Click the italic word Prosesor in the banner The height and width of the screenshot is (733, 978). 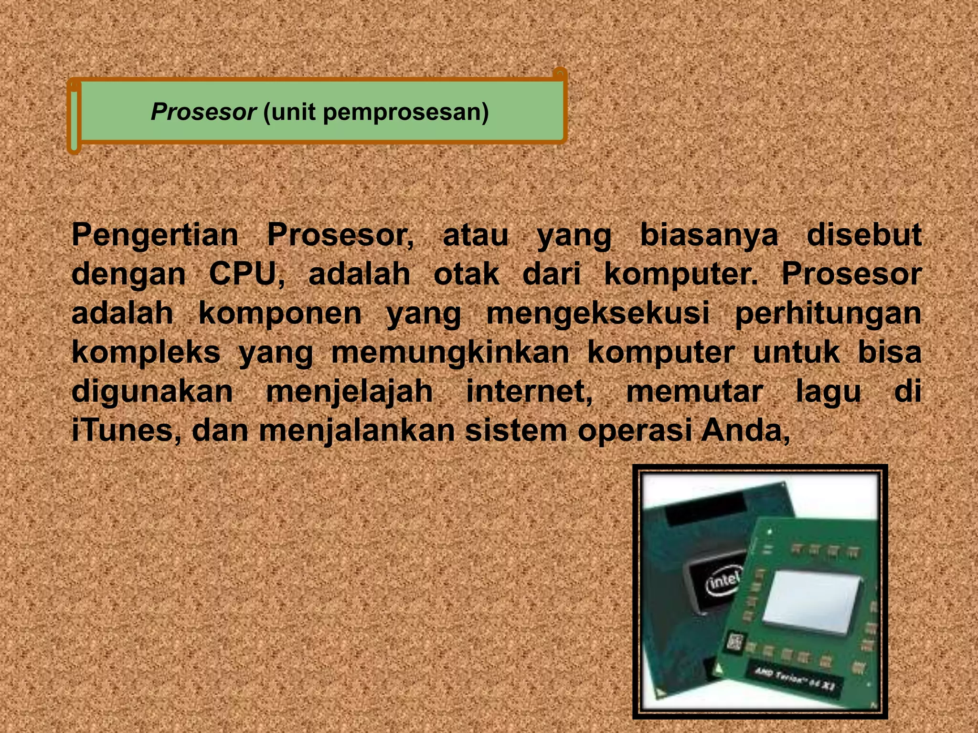point(203,112)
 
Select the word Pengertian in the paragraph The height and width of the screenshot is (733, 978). point(155,236)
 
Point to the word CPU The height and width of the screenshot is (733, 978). point(245,274)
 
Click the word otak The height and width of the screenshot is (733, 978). point(466,274)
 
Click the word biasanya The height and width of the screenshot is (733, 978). point(709,236)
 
